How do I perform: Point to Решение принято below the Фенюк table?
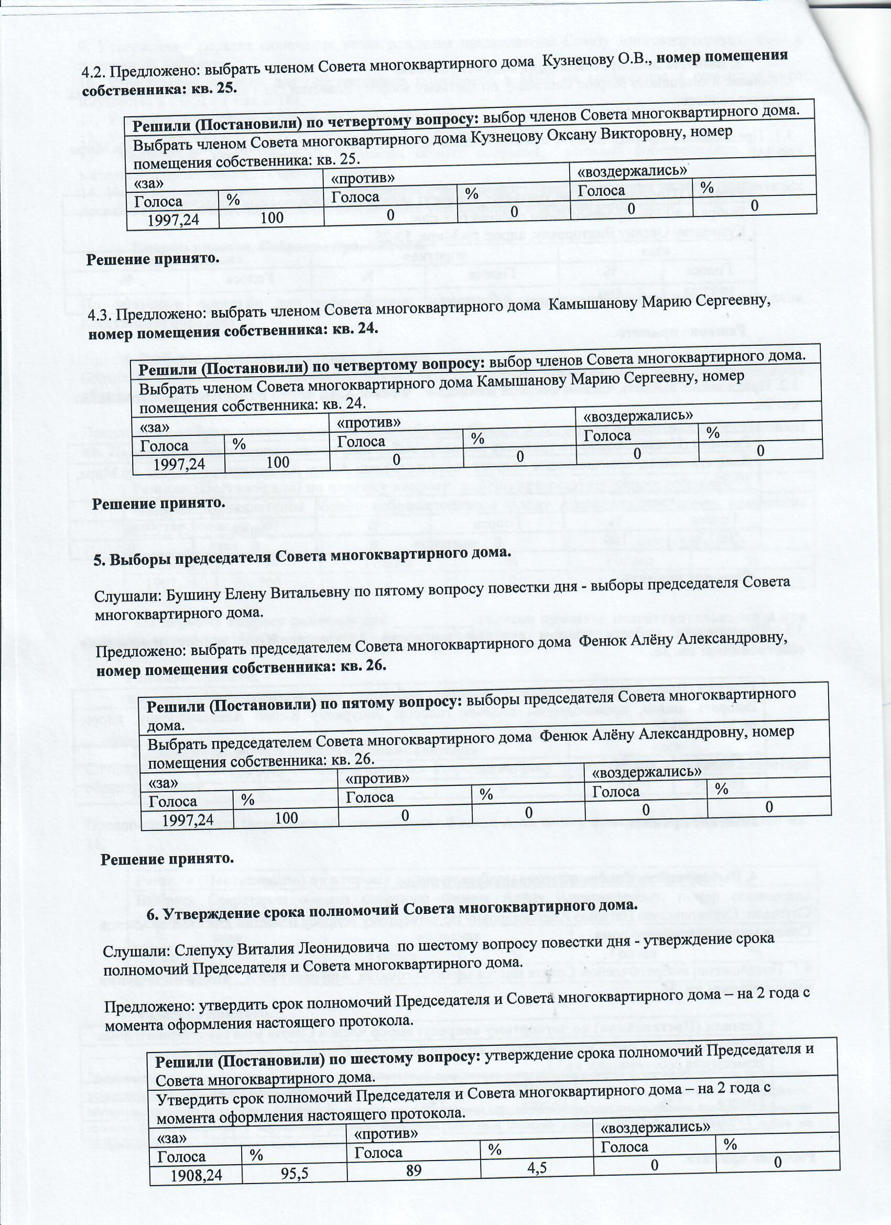(168, 858)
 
